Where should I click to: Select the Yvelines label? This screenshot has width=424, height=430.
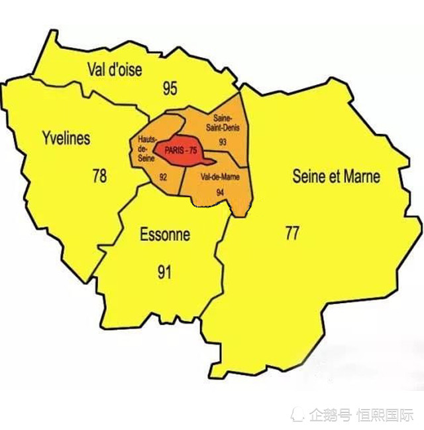[x=66, y=139]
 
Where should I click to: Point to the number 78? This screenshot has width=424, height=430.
[x=99, y=176]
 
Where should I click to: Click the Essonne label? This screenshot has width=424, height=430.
[x=165, y=234]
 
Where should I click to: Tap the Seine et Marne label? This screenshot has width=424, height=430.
[x=337, y=176]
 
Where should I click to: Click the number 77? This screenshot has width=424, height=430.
[x=292, y=233]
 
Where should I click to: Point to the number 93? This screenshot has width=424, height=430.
[x=222, y=142]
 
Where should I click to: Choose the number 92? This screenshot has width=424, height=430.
[x=163, y=177]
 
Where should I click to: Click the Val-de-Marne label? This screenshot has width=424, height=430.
[x=220, y=177]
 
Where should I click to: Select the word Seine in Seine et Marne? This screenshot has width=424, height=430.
[x=308, y=176]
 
